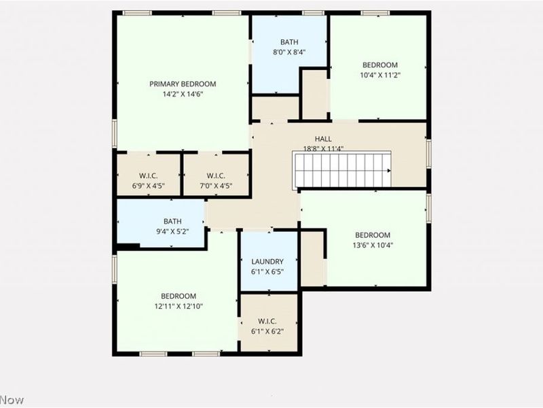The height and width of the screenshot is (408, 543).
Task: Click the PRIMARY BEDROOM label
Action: coord(183,84)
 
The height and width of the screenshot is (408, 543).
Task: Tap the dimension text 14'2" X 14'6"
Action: coord(183,95)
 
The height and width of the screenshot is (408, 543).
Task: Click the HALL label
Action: coord(323,139)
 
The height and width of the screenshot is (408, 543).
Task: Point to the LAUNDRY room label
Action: coord(267,262)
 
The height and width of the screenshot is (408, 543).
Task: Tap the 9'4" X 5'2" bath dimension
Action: coord(172,232)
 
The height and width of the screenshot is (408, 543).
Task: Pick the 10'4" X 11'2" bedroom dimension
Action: coord(380,75)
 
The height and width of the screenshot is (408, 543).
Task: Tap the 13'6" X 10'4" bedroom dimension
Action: coord(373,245)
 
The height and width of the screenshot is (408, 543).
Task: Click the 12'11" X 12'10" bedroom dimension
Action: coord(179,307)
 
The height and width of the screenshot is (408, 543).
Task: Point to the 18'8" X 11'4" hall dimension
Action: coord(323,149)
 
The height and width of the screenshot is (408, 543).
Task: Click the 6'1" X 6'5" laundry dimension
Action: coord(267,272)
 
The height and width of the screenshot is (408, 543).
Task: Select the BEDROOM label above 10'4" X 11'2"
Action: coord(380,65)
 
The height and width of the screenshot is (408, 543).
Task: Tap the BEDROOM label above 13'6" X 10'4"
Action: coord(373,235)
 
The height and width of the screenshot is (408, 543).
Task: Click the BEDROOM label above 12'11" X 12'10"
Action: coord(179,296)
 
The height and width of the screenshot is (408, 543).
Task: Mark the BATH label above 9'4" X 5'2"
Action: coord(172,222)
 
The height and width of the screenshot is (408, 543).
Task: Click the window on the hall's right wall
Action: coord(428,153)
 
